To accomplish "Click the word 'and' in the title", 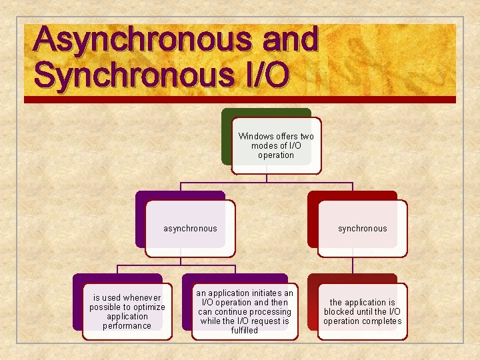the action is (290, 40).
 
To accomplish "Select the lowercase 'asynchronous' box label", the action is (190, 229).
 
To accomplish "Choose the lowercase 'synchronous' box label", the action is (362, 229).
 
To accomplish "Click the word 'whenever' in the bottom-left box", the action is (141, 298).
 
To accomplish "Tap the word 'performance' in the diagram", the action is (127, 326).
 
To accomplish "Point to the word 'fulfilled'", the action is (244, 331).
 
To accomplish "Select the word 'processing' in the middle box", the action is (270, 312).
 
